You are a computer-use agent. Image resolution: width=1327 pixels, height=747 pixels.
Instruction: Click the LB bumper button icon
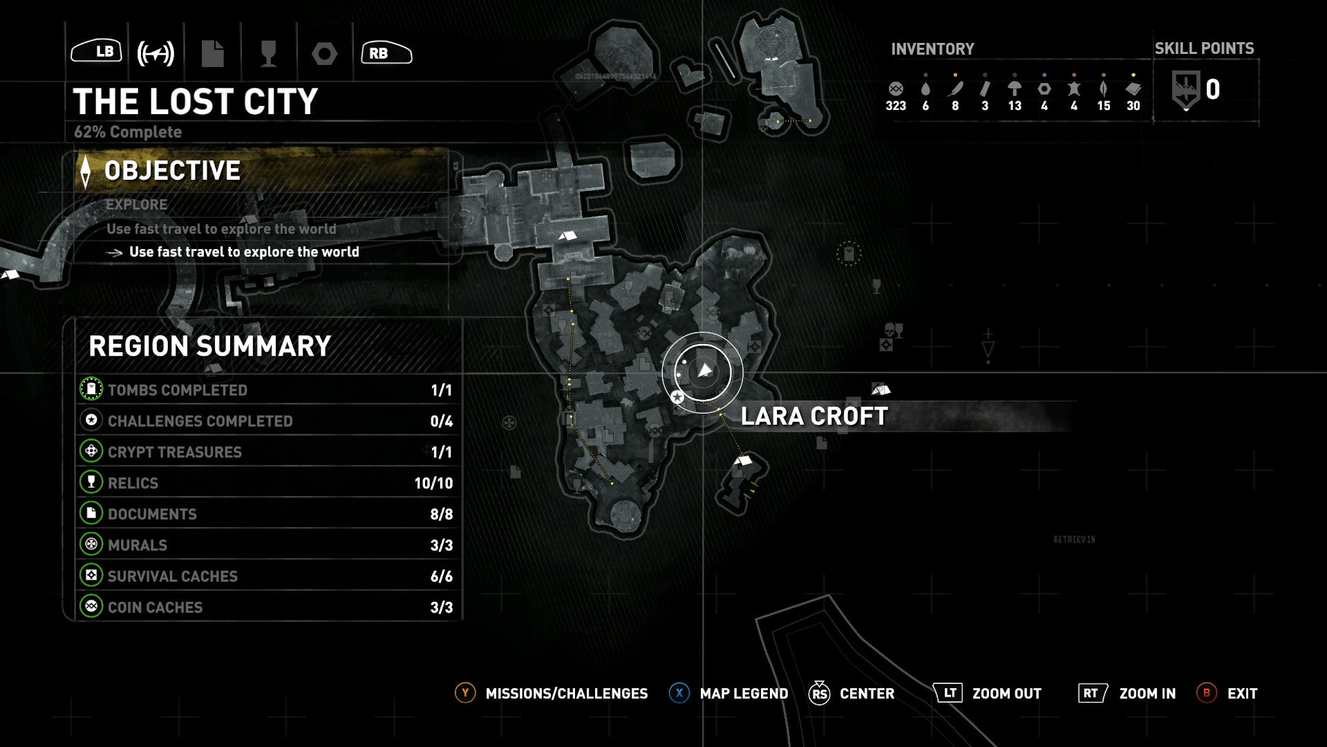97,52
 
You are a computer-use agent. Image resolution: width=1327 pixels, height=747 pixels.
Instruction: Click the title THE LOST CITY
195,102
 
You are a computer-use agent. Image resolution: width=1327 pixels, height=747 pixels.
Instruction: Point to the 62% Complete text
128,132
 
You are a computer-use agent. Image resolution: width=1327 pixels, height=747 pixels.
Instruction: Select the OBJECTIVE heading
172,171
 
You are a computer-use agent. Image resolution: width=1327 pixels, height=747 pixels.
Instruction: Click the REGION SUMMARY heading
209,347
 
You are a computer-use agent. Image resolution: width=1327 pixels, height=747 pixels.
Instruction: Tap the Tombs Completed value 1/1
441,390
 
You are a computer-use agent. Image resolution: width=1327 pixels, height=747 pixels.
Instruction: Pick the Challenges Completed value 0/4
441,421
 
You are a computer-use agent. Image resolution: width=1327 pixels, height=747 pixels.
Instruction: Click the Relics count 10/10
433,483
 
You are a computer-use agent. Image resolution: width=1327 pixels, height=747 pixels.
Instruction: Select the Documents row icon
91,513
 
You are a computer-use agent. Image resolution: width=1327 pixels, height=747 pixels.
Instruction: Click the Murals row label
138,545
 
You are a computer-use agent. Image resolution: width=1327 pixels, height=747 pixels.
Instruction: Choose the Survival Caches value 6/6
441,576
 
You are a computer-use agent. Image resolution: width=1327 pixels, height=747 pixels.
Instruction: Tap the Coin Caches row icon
91,607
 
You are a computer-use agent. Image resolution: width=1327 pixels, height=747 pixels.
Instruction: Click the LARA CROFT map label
814,416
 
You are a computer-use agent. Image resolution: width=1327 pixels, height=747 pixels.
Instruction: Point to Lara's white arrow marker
704,371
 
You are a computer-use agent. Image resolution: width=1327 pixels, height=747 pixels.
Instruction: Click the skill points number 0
1212,90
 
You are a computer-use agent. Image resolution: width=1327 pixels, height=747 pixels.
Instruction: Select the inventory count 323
896,106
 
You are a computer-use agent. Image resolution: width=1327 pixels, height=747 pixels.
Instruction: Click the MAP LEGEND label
744,694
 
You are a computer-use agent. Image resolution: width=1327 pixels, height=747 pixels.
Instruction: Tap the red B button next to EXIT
1206,693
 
